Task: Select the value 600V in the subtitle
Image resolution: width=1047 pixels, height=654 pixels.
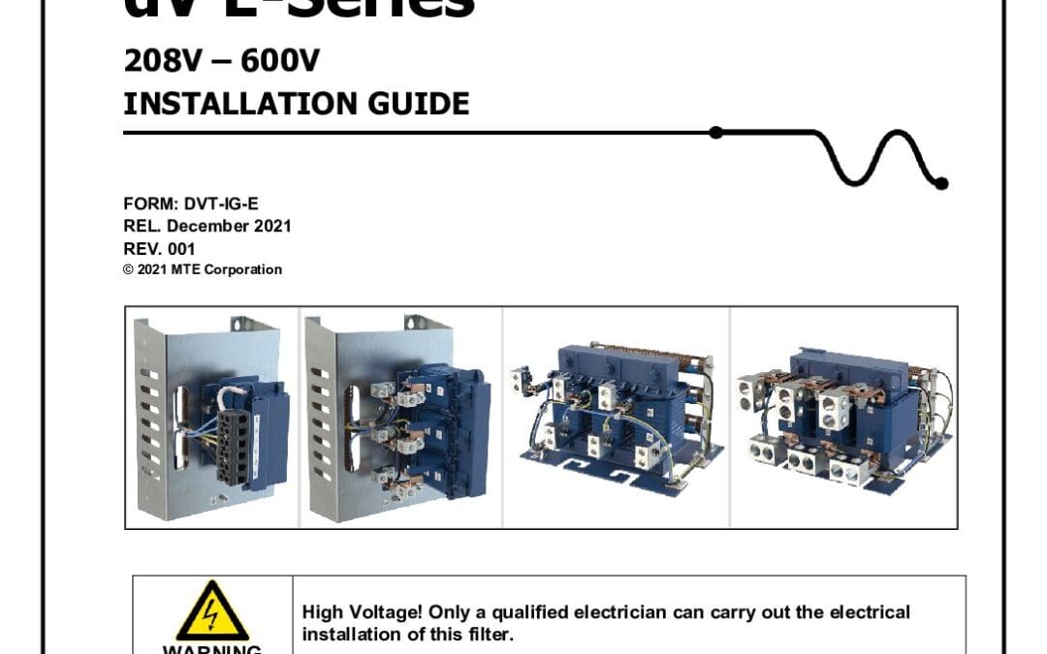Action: tap(282, 62)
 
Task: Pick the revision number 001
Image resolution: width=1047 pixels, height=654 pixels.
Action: tap(180, 248)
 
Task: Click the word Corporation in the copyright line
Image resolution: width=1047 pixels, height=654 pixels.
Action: tap(242, 269)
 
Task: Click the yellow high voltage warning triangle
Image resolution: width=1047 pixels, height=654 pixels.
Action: tap(212, 611)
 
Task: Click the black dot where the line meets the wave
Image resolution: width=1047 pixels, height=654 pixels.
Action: tap(716, 133)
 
